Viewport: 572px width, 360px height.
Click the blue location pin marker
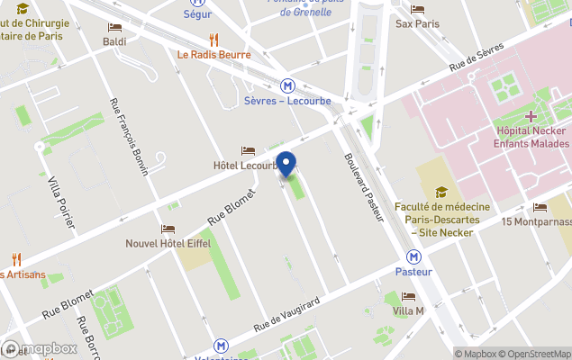pyautogui.click(x=286, y=165)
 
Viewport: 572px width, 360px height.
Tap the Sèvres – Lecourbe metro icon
pyautogui.click(x=287, y=85)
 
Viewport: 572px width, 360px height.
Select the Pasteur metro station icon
pyautogui.click(x=413, y=256)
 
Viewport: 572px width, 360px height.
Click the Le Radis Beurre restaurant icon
pyautogui.click(x=213, y=40)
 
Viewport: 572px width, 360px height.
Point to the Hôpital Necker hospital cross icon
pyautogui.click(x=531, y=116)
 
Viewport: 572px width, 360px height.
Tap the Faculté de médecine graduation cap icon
pyautogui.click(x=441, y=192)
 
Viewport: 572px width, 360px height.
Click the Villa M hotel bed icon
pyautogui.click(x=408, y=296)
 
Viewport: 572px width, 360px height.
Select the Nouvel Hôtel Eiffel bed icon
pyautogui.click(x=167, y=229)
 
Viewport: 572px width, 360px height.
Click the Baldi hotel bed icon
pyautogui.click(x=114, y=28)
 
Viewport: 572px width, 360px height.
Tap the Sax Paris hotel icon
pyautogui.click(x=417, y=9)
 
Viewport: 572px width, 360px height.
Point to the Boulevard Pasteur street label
pyautogui.click(x=363, y=187)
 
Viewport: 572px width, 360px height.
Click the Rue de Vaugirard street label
pyautogui.click(x=288, y=314)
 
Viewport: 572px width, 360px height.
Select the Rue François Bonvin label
pyautogui.click(x=128, y=135)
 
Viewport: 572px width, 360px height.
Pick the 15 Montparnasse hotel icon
pyautogui.click(x=540, y=208)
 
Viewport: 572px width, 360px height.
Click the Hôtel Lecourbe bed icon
pyautogui.click(x=248, y=150)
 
